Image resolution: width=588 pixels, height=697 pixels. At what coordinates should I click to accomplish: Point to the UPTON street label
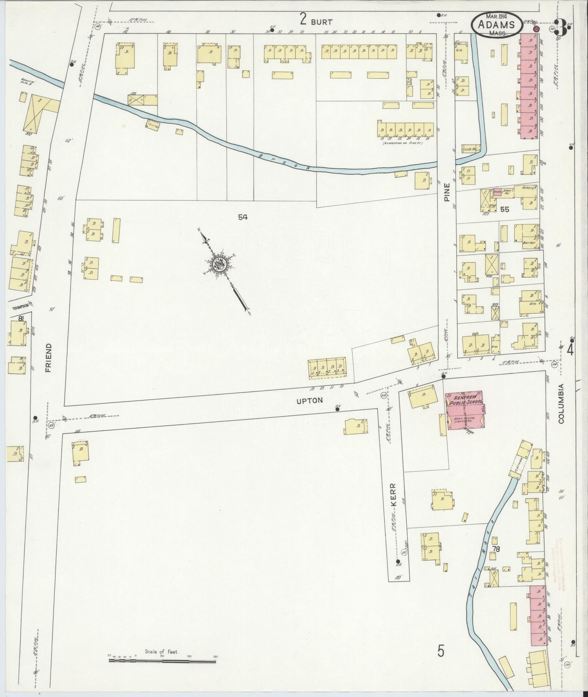click(x=309, y=400)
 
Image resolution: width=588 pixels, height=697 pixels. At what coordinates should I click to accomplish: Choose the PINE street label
click(x=447, y=192)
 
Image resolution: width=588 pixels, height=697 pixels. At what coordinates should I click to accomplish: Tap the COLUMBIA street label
click(x=560, y=403)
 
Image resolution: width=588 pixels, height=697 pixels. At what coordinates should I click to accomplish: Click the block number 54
click(x=243, y=217)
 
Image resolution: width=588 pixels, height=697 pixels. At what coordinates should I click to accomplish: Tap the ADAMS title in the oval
click(x=497, y=25)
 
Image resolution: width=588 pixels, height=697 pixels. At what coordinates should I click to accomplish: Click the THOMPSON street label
click(x=20, y=307)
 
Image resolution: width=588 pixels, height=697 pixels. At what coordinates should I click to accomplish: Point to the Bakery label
click(x=527, y=188)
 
